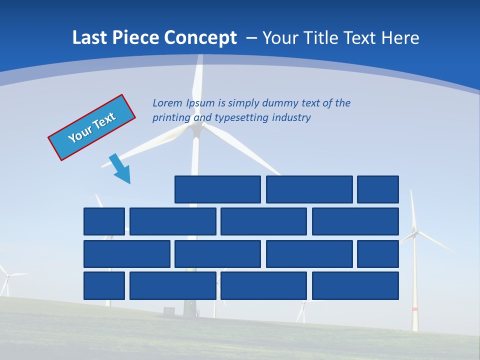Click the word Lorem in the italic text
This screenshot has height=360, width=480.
coord(168,103)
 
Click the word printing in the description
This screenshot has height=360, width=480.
coord(170,117)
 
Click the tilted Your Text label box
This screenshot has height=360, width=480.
coord(92,127)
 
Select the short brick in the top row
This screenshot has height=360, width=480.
coord(378,189)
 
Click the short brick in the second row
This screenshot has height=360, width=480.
coord(104,221)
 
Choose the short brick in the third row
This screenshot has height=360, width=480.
coord(378,254)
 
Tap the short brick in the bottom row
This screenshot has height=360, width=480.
coord(104,286)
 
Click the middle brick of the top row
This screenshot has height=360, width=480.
coord(309,189)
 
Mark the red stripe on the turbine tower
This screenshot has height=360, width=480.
coord(414,309)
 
